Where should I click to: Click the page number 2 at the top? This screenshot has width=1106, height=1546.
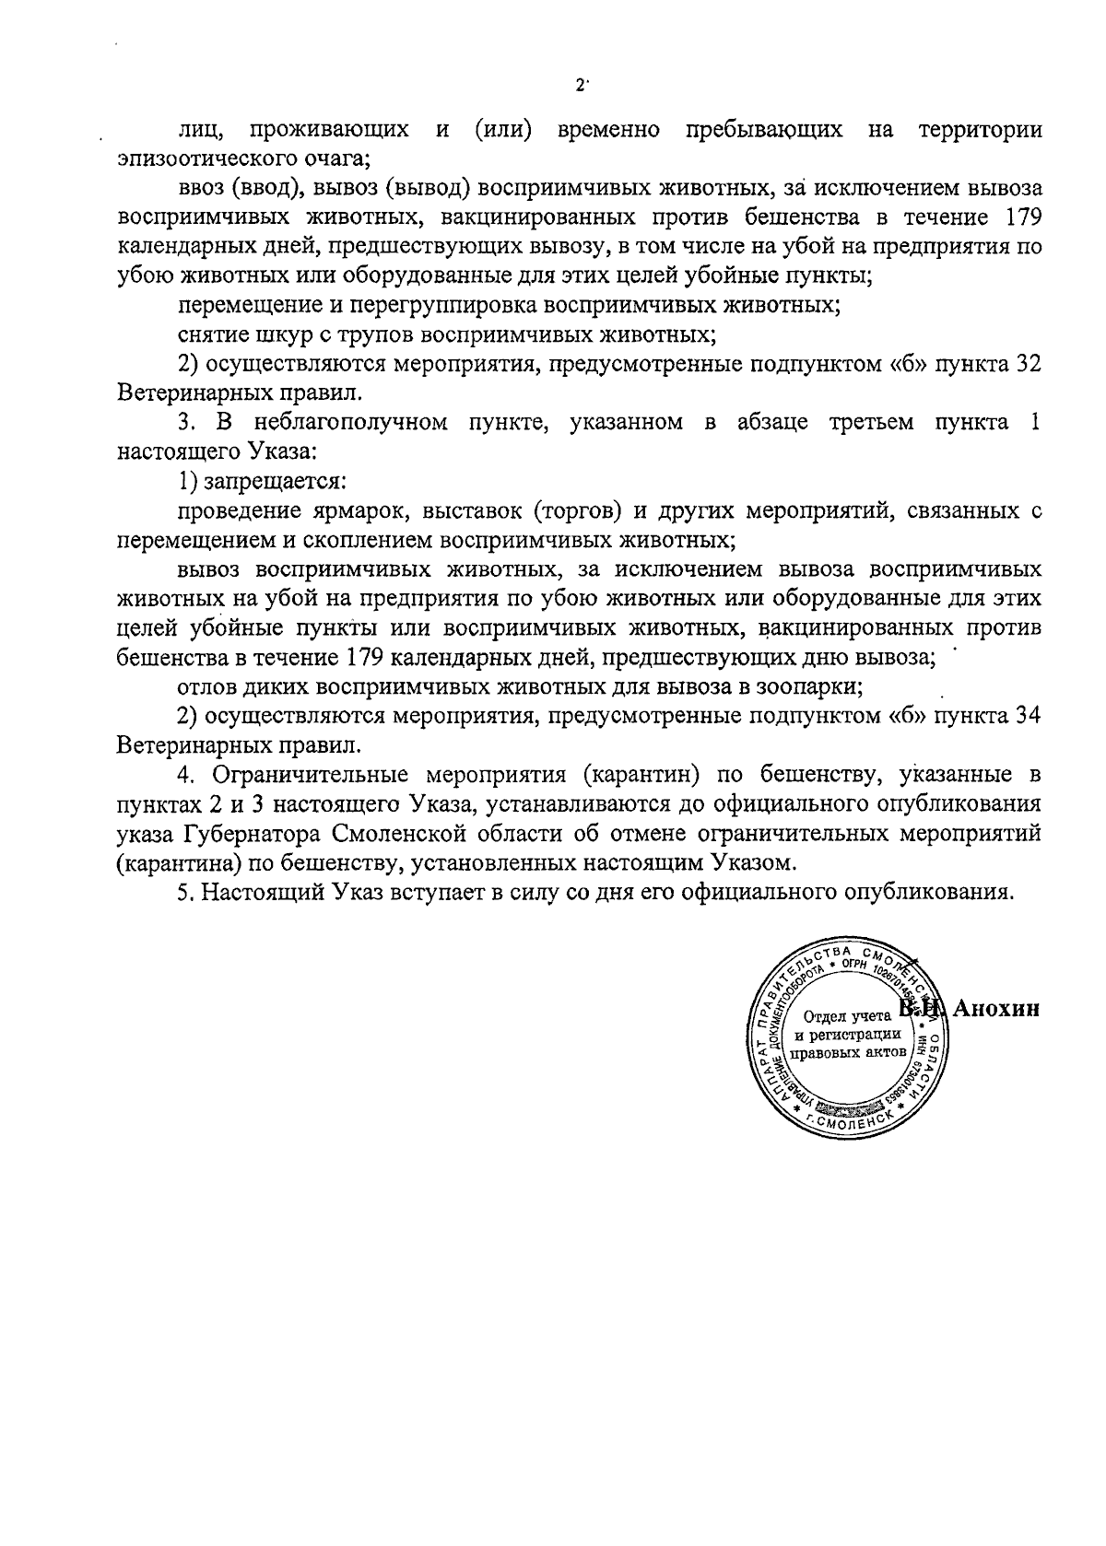(579, 86)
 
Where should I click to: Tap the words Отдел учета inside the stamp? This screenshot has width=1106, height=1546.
(847, 1018)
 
